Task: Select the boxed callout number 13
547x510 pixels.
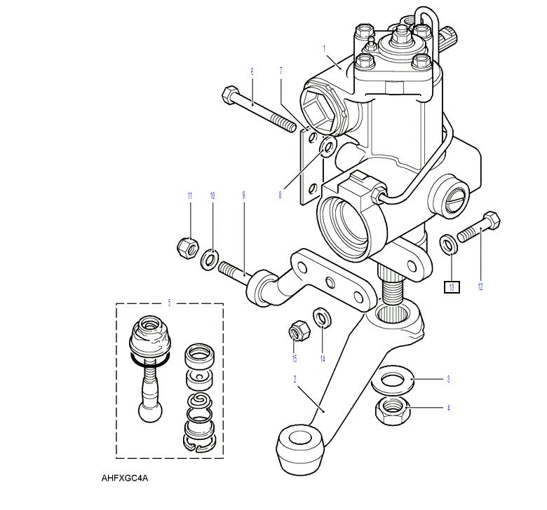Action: pos(452,287)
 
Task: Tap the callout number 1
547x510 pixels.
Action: pos(325,48)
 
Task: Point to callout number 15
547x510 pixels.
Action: pos(295,359)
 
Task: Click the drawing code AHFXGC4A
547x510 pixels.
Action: pos(125,480)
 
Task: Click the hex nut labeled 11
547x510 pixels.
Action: pos(186,247)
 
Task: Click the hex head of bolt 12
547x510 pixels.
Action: pos(491,222)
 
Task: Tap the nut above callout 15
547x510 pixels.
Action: pos(297,330)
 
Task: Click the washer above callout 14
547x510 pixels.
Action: pos(321,317)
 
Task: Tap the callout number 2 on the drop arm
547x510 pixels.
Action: pos(295,379)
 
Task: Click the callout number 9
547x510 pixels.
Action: pos(243,195)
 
